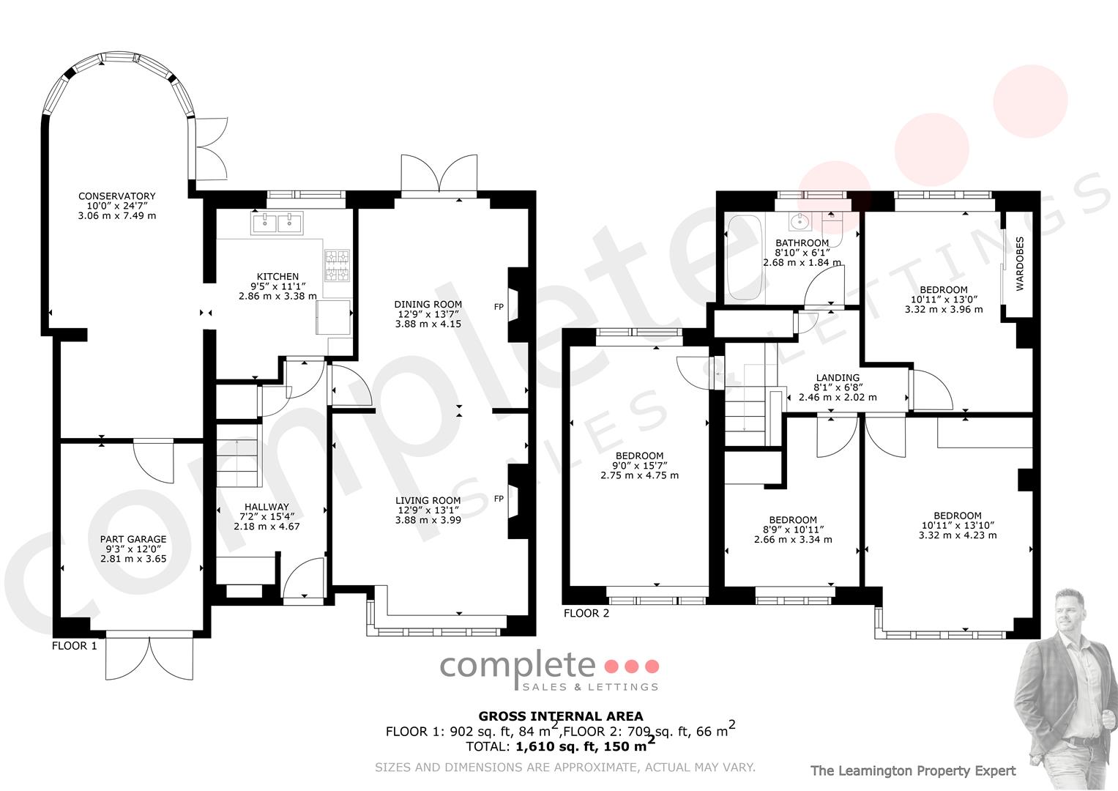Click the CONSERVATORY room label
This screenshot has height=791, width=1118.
(117, 196)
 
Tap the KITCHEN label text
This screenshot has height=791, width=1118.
(277, 277)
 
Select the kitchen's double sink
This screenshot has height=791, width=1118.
(277, 223)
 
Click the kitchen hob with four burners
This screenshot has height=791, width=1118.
(338, 266)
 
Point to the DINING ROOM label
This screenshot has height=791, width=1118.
(428, 304)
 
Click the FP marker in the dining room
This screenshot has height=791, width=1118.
(499, 307)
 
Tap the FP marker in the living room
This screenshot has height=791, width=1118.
(499, 499)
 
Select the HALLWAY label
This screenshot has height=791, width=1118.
(267, 507)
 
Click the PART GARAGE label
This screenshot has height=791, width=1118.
(133, 539)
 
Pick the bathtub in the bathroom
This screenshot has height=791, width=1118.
(744, 257)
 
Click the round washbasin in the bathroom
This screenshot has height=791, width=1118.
(800, 221)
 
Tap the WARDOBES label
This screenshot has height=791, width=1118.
(1020, 264)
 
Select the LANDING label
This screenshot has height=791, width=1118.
(838, 378)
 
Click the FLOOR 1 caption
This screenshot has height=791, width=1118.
(75, 646)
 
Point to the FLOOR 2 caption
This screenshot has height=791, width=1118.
(586, 613)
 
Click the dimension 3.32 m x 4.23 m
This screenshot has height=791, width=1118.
(958, 535)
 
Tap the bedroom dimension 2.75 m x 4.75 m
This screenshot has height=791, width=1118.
(639, 475)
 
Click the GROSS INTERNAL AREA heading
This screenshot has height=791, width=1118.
(561, 716)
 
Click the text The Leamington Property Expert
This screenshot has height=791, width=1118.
(913, 771)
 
